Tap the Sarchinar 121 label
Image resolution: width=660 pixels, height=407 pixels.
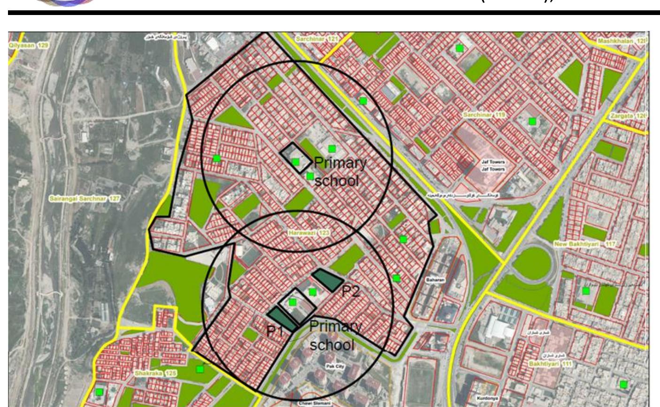(317, 38)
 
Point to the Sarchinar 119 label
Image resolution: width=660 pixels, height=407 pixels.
(484, 115)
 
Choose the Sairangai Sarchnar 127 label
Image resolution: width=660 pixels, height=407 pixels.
(84, 199)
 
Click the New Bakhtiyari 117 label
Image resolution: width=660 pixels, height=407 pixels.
(585, 244)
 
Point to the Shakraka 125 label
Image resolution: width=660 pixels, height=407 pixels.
(149, 373)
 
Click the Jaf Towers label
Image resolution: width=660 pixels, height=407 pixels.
(493, 165)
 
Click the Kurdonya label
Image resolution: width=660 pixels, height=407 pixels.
(484, 398)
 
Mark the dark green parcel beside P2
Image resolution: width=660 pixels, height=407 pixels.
(328, 279)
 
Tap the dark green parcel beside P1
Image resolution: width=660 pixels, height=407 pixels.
(282, 319)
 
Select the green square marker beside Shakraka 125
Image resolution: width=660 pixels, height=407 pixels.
(200, 369)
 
